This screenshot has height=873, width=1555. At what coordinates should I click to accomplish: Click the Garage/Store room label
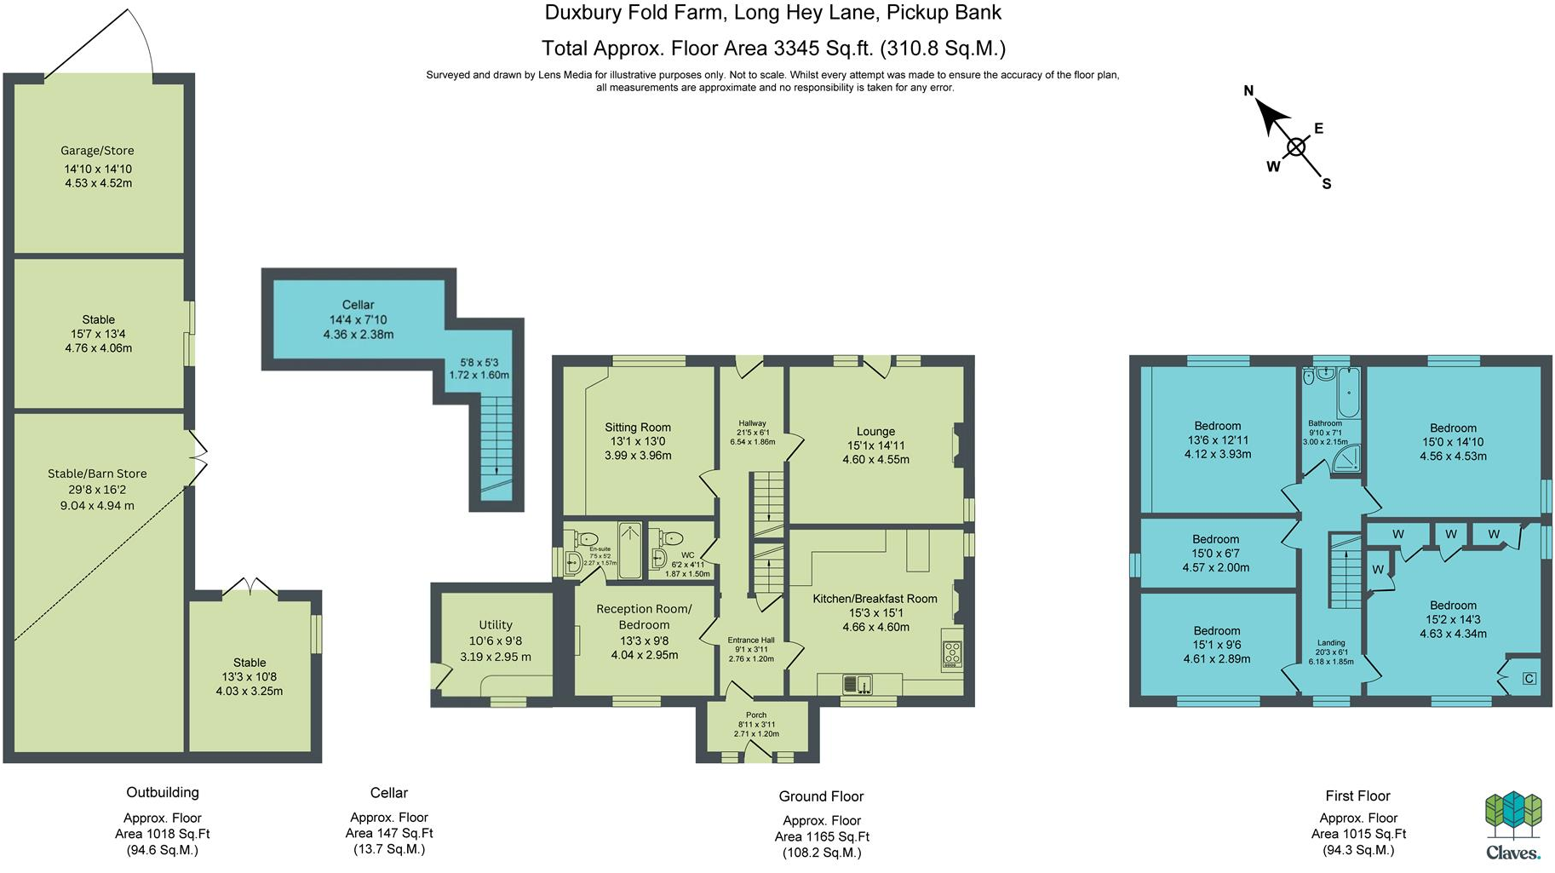tap(97, 151)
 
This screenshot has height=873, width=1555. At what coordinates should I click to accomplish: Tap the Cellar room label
tap(358, 305)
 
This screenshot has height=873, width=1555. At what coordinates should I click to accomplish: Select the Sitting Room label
tap(638, 428)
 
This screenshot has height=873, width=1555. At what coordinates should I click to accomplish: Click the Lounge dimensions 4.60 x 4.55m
tap(875, 460)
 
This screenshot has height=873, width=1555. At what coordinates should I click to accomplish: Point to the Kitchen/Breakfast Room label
tap(875, 599)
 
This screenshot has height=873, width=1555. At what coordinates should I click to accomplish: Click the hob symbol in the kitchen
tap(952, 653)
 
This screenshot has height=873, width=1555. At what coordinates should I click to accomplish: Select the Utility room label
tap(496, 625)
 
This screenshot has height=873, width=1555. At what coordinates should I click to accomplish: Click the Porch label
tap(756, 715)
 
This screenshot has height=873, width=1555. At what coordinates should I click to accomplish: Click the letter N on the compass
tap(1248, 91)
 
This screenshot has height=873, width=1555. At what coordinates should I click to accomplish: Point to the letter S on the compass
tap(1326, 184)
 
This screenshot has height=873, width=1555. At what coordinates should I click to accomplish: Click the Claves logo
tap(1513, 826)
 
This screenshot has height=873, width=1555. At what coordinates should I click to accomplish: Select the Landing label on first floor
tap(1331, 643)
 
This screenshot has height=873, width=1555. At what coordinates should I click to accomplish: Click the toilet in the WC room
tap(672, 538)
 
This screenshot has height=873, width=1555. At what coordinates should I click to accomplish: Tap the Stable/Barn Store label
tap(97, 474)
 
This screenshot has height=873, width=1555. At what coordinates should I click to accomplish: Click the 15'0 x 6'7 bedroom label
tap(1215, 554)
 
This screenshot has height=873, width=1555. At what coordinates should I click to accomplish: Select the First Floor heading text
tap(1357, 795)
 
